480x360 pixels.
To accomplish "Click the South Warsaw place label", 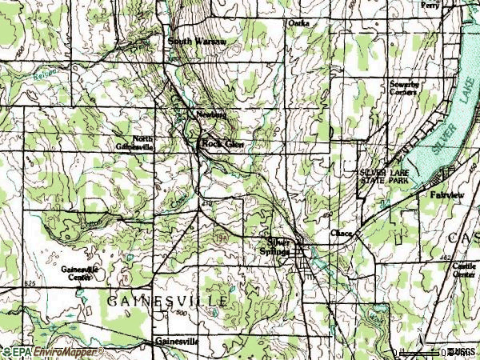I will click(x=197, y=40).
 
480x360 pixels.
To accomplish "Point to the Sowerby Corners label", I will click(x=405, y=88).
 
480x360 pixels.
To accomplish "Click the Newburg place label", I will click(x=212, y=114).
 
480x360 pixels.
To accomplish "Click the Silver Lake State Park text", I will click(x=384, y=177).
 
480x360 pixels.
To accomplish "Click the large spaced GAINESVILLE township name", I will click(x=168, y=299).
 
